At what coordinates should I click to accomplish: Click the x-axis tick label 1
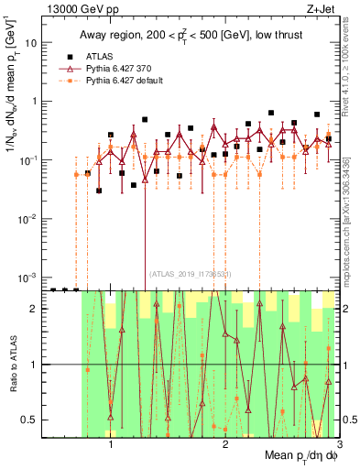pyautogui.click(x=111, y=448)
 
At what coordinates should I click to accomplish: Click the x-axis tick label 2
pyautogui.click(x=225, y=448)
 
